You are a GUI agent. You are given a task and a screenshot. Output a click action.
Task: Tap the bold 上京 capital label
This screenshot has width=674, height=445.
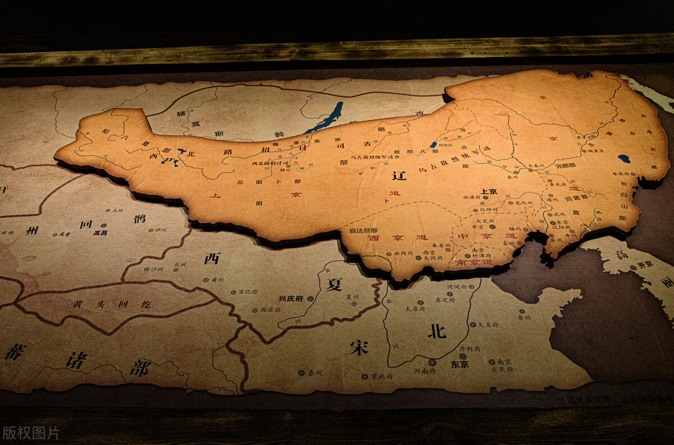pos(489,191)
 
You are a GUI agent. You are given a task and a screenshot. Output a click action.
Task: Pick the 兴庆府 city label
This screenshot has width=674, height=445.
pos(291,299)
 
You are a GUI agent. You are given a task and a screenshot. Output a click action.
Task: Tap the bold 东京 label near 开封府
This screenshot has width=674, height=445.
pos(459,364)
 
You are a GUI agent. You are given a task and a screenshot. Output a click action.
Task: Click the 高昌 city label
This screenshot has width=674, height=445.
pos(100,232)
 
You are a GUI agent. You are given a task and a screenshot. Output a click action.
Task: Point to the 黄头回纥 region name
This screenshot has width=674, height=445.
pos(111,304)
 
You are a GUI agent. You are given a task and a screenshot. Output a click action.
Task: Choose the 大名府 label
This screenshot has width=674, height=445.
pos(488,325)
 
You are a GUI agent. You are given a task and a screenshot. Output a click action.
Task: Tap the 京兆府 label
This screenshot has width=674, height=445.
pos(381,376)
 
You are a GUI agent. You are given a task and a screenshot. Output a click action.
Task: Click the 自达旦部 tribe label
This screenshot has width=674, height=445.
pos(363,231)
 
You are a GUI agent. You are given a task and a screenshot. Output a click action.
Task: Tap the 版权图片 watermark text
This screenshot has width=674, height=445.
pos(30,433)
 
